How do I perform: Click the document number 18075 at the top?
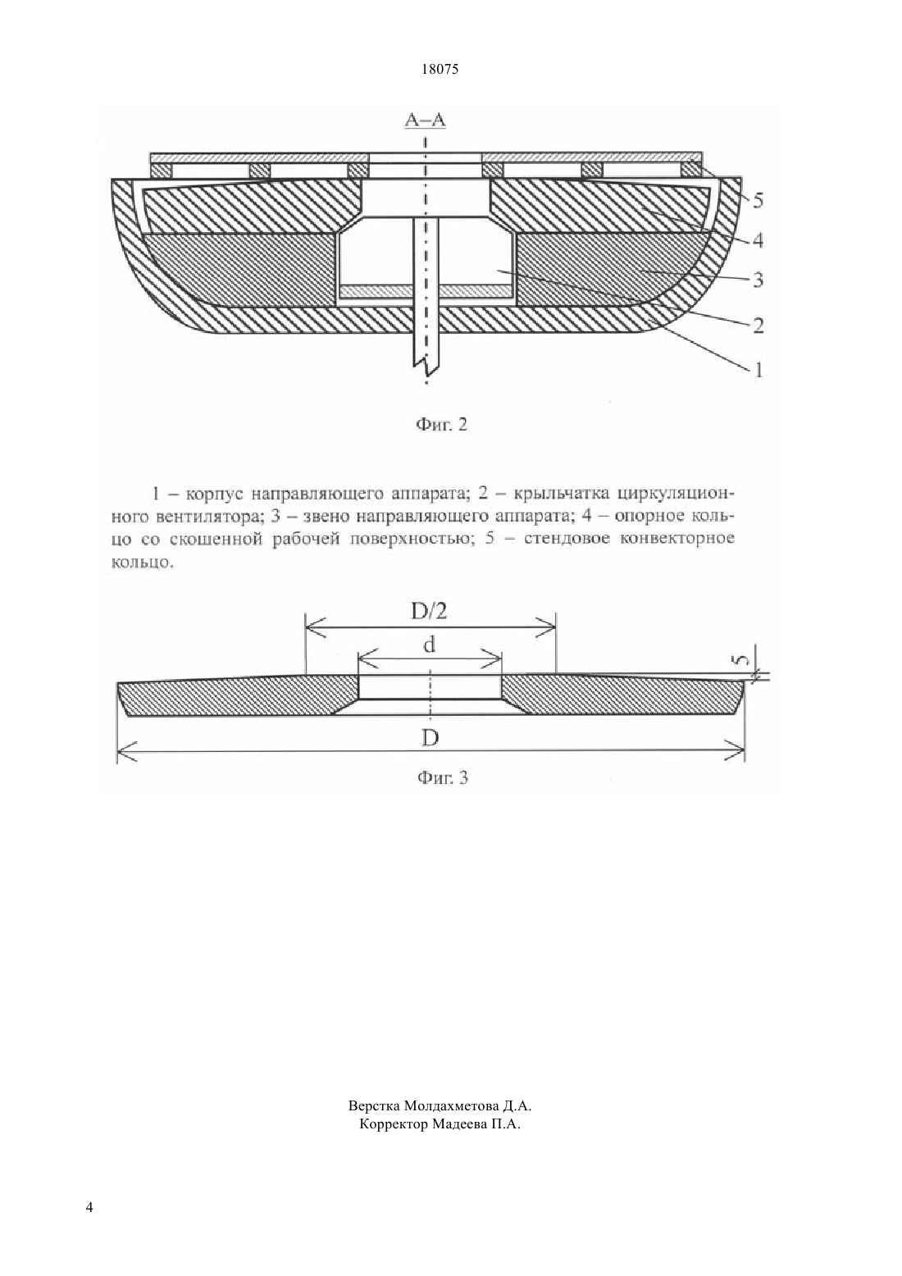click(x=440, y=70)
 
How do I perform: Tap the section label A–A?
click(x=425, y=120)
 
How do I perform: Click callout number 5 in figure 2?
click(x=758, y=201)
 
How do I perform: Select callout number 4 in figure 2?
click(x=758, y=240)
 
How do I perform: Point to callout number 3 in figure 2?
click(x=758, y=280)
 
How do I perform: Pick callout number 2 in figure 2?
click(x=758, y=326)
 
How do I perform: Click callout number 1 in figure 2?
click(x=758, y=371)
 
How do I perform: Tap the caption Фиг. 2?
click(x=442, y=425)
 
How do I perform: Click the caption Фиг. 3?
click(x=443, y=777)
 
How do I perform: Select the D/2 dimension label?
click(x=430, y=611)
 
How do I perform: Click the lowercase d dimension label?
click(x=430, y=645)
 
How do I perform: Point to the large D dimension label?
click(x=430, y=738)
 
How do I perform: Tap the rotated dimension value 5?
click(x=740, y=660)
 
